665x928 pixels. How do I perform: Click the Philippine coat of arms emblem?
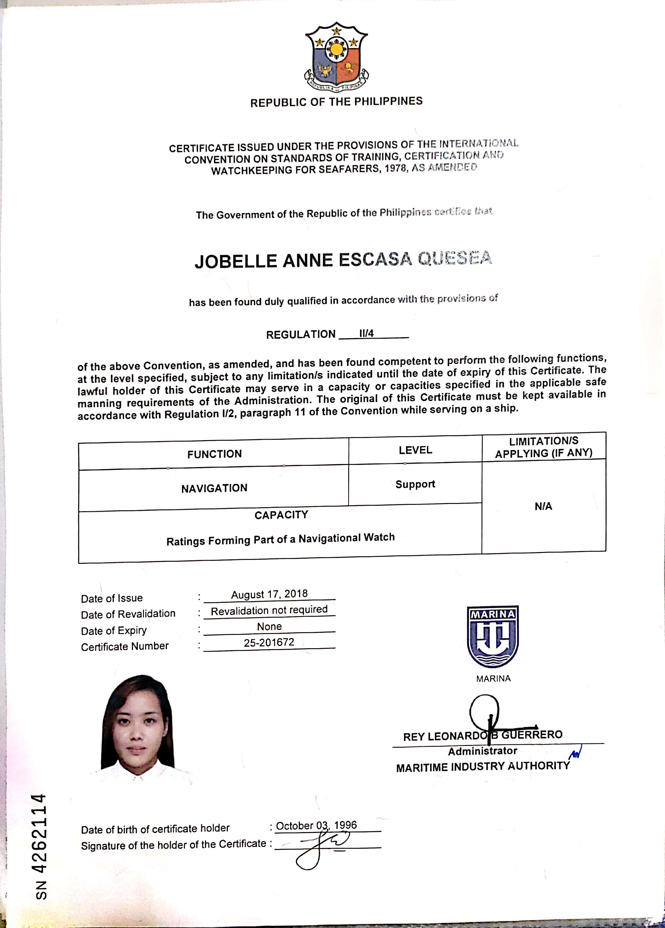(336, 57)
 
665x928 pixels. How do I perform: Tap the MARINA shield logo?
(493, 636)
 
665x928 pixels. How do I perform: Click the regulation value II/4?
(366, 333)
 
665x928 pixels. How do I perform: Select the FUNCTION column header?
(214, 454)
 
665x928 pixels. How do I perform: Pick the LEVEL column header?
(415, 450)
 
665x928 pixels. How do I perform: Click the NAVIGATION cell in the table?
(214, 488)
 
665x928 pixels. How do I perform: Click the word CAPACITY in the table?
(281, 515)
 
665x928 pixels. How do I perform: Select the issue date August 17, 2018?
(269, 594)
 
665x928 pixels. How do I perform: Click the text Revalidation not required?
(269, 610)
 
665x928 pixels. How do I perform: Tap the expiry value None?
(269, 626)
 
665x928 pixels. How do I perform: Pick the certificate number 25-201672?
(269, 642)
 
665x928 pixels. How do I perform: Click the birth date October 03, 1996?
(316, 825)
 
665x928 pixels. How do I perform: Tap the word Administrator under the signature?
(483, 751)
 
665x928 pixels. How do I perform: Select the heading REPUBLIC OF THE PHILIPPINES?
(336, 102)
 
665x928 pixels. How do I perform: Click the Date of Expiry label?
(114, 631)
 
